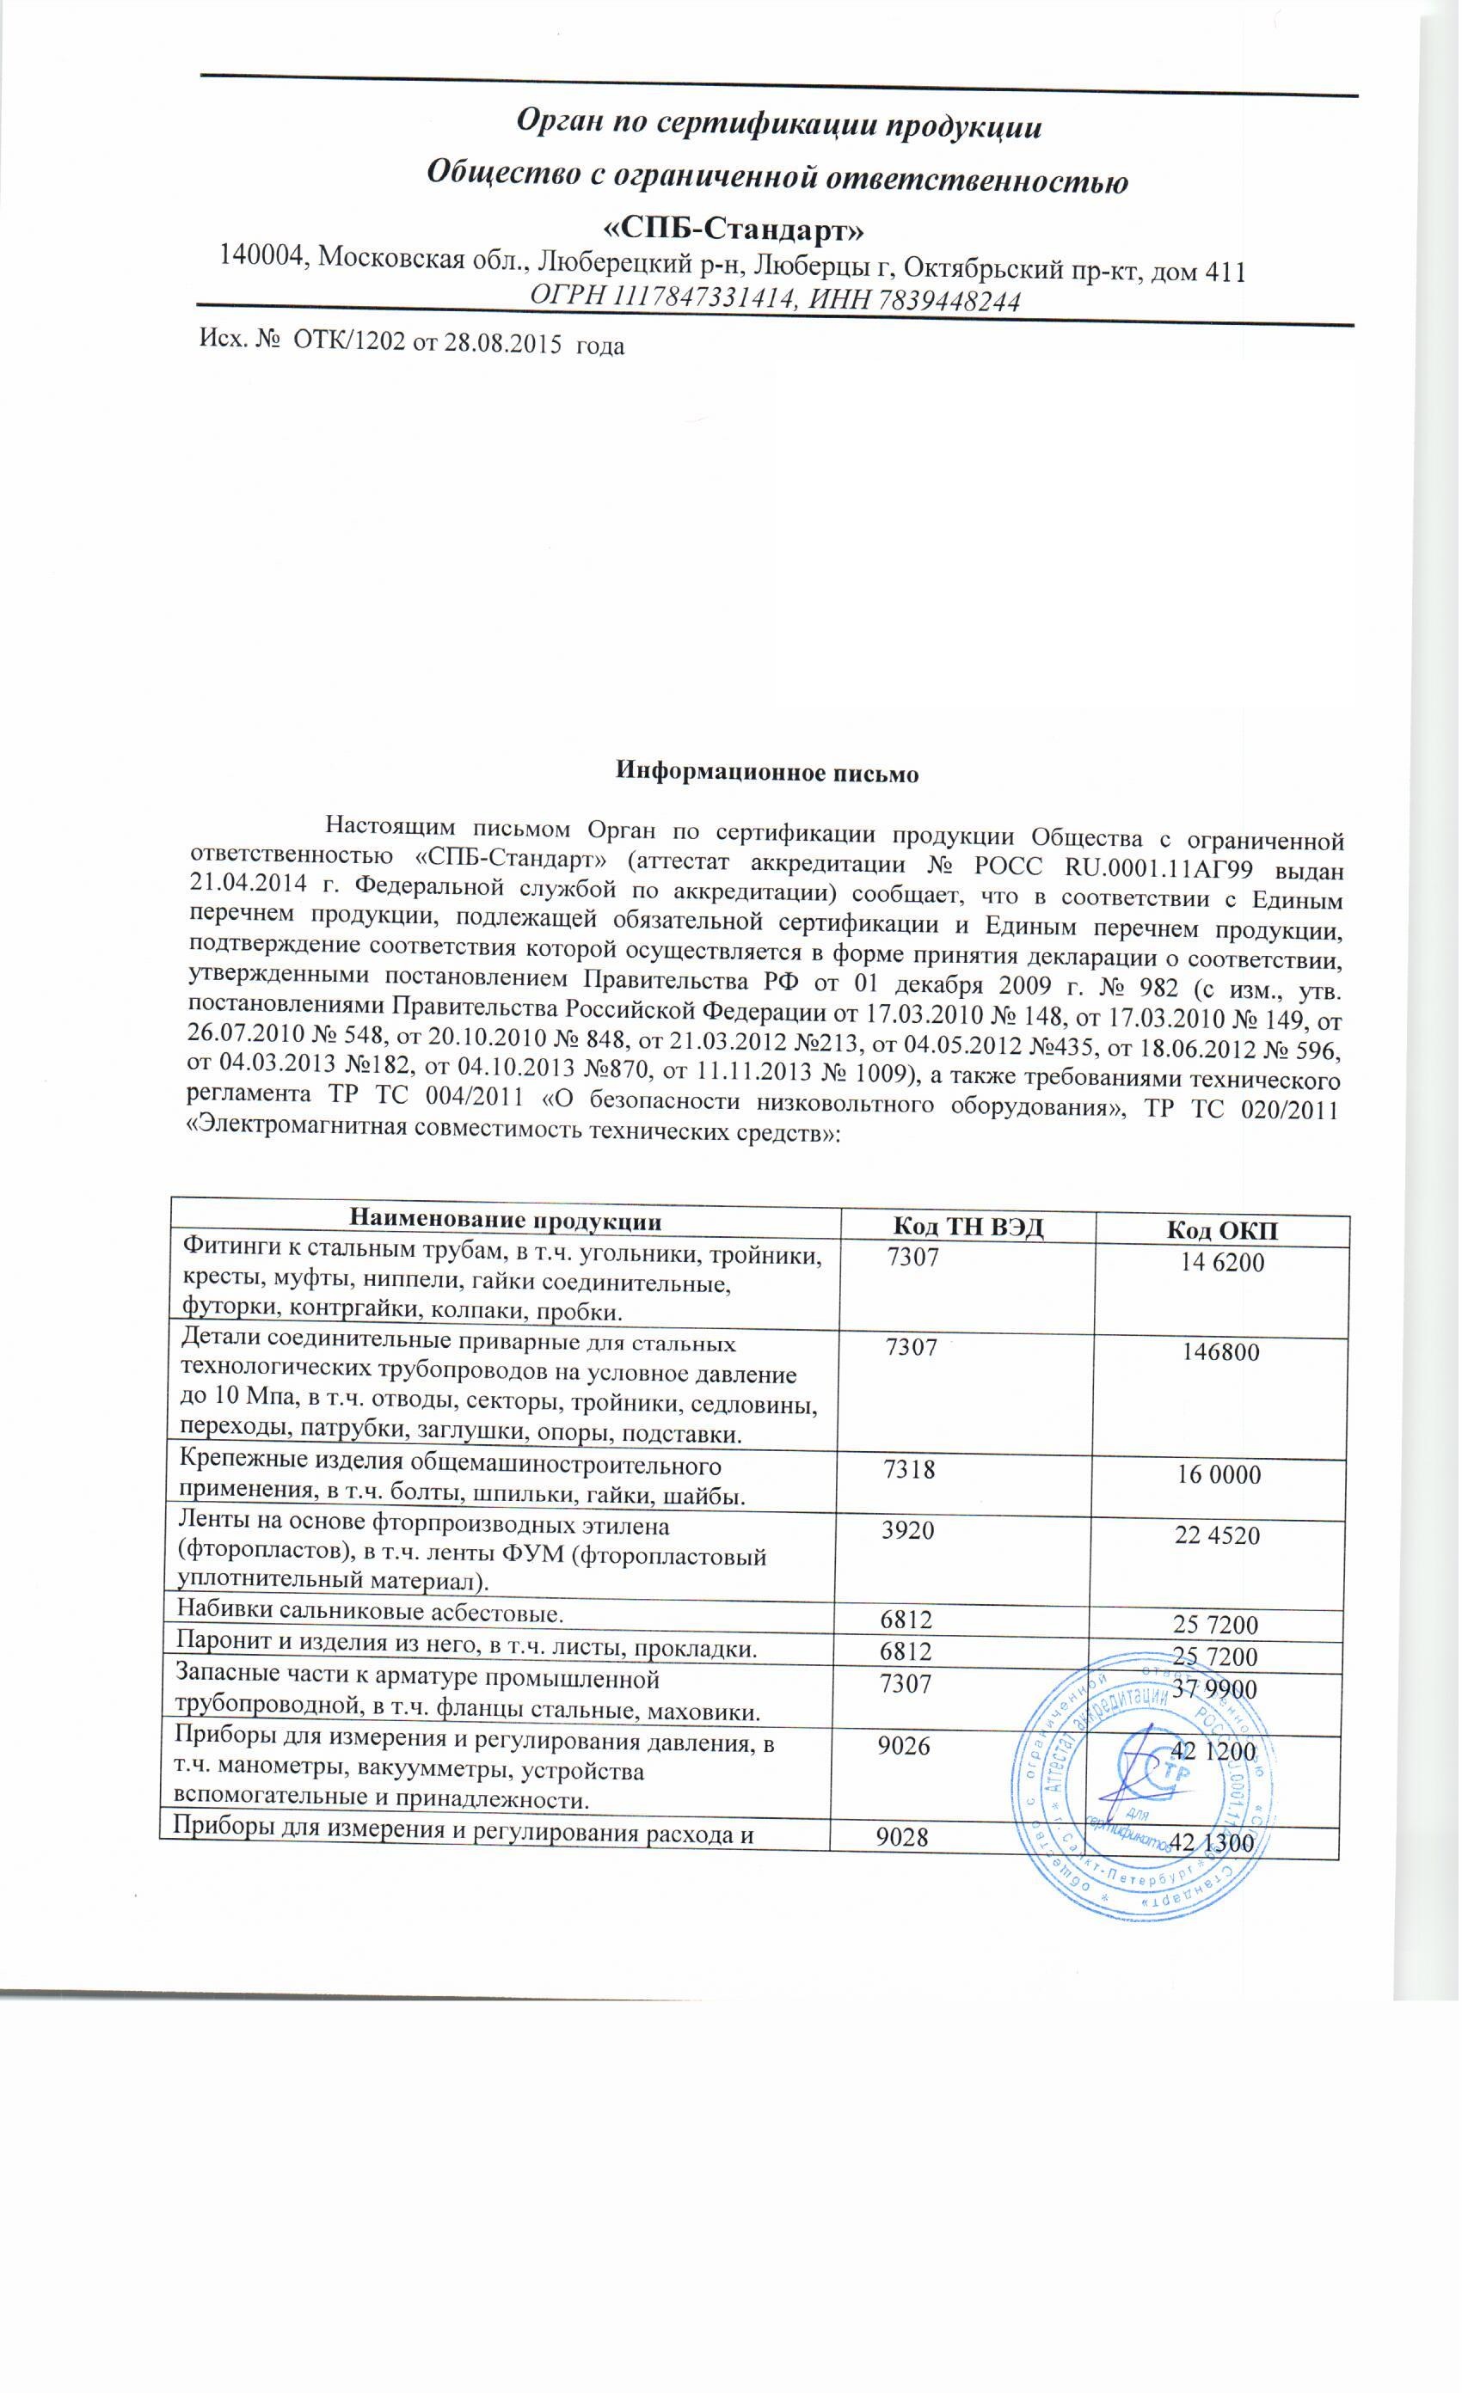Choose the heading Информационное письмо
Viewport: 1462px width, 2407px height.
[766, 772]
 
